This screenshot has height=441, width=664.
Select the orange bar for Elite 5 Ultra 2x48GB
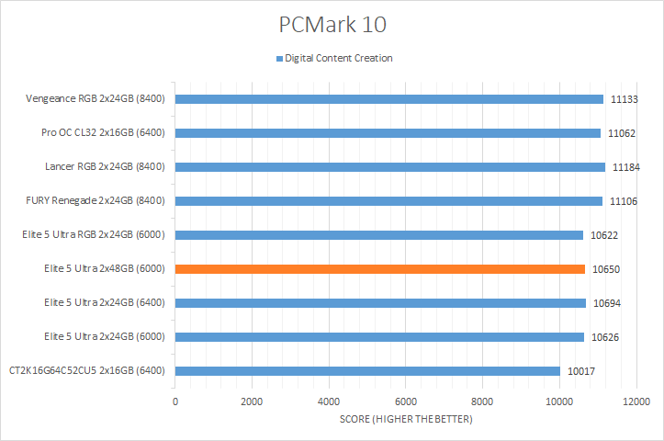point(379,269)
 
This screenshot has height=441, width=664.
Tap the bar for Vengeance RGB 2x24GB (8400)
point(388,99)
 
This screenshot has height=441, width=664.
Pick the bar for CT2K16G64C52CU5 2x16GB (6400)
point(367,371)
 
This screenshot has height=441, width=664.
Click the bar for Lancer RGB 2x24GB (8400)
point(389,167)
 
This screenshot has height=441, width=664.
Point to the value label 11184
point(625,167)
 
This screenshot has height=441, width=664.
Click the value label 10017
point(580,371)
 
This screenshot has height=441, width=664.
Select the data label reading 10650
point(604,269)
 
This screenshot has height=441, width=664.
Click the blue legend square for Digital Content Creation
point(280,59)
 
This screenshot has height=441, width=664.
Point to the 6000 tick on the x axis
point(406,401)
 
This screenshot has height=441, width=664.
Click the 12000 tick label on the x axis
point(636,401)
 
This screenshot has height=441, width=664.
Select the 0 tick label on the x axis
point(175,401)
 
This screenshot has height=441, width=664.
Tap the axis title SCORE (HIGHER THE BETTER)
point(405,420)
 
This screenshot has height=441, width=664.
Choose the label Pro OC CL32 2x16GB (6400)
point(103,133)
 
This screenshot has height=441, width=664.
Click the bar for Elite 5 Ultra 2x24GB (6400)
point(380,303)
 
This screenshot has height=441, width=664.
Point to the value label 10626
point(603,337)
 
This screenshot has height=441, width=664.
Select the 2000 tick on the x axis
point(252,401)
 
